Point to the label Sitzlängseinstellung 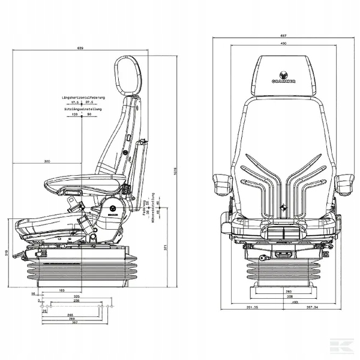83,109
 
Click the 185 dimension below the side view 61,290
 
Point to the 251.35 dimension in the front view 243,307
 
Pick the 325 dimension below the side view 77,296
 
